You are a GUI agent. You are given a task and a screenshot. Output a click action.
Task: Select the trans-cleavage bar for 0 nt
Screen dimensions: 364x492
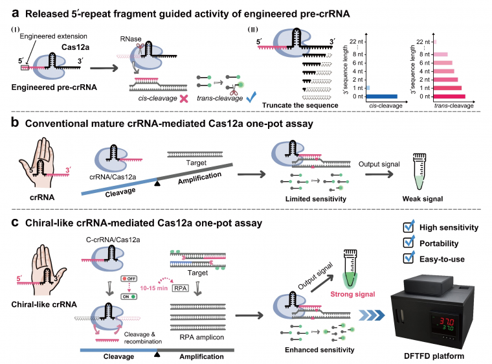tap(445, 96)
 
